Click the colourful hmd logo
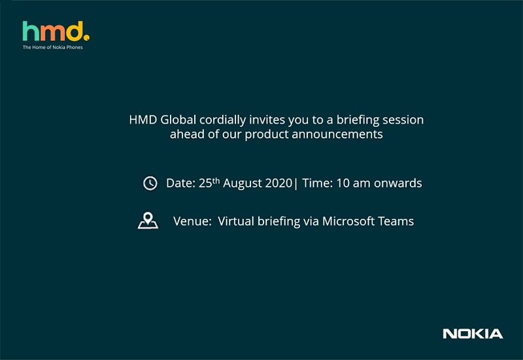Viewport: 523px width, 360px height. pos(56,31)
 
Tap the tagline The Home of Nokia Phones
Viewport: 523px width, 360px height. pos(53,47)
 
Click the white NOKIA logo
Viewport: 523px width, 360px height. pos(473,334)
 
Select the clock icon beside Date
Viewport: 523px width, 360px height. pos(150,184)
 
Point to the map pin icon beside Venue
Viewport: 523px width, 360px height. pos(148,221)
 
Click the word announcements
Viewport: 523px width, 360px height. pos(337,135)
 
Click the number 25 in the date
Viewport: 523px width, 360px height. pos(205,184)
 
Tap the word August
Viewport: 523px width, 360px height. pos(239,184)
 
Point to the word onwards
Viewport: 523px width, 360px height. pos(398,184)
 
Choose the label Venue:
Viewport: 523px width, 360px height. pos(192,221)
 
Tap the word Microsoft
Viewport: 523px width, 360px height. pos(348,221)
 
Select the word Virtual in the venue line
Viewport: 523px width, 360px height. pos(236,221)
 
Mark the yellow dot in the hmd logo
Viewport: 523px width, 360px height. pos(87,38)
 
